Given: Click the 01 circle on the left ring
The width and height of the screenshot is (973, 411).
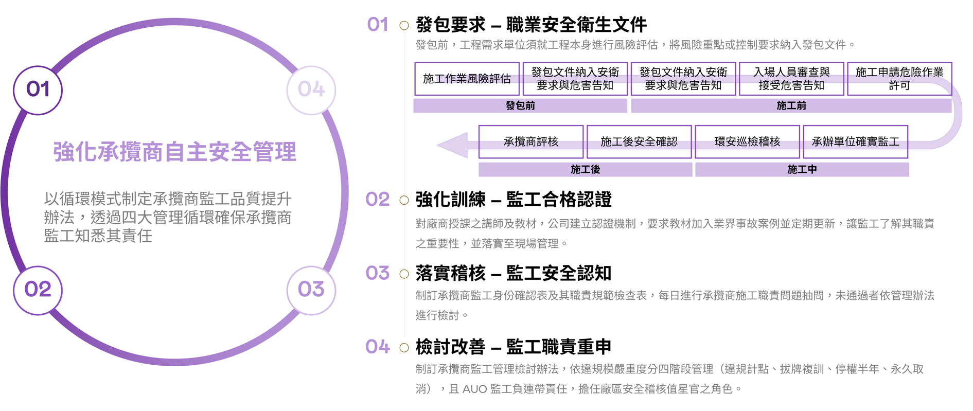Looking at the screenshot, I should tap(38, 90).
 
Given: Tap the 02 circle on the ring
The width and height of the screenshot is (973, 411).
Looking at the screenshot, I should tap(38, 290).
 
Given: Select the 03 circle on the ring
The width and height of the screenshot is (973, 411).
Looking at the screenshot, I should tap(311, 290).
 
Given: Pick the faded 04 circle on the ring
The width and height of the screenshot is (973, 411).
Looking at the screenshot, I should tap(311, 90).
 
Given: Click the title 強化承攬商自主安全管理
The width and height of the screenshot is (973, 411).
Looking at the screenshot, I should tap(174, 152).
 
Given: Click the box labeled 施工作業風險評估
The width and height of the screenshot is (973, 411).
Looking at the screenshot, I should tap(467, 79).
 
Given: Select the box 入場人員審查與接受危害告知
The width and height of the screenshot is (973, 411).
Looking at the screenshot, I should tap(791, 79).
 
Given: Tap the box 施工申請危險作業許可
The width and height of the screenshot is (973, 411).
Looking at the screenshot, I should tap(899, 79).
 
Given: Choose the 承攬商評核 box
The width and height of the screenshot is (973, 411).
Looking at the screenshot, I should tap(530, 141).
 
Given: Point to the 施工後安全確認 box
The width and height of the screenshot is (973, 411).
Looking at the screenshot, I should tap(639, 141).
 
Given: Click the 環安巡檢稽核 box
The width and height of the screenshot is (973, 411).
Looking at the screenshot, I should tap(747, 141).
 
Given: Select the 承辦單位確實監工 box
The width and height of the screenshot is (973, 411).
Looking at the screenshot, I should tap(855, 141).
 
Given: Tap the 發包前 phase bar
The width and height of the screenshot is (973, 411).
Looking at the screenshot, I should tap(520, 105).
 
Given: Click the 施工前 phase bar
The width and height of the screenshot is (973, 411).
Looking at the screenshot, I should tap(791, 105).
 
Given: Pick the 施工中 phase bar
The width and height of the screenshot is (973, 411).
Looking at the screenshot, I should tap(802, 169).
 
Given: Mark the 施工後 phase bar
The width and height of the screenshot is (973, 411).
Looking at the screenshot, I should tap(585, 169).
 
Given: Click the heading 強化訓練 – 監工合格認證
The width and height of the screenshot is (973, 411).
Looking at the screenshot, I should tap(514, 200).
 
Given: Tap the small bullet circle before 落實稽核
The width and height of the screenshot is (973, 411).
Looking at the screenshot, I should tap(404, 274).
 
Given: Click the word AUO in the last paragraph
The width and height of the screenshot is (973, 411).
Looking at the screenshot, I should tap(474, 389).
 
